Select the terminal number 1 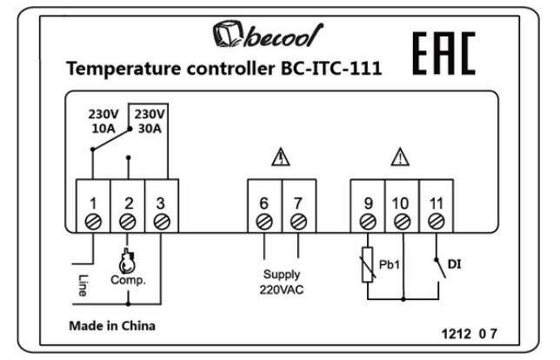93,203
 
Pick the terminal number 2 128,203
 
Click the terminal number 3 161,203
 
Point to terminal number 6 263,203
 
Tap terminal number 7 298,203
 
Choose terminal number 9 368,203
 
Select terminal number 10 401,203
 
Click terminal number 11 436,203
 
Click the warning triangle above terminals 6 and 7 281,158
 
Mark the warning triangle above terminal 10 400,158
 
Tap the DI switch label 453,261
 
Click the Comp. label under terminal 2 128,280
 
